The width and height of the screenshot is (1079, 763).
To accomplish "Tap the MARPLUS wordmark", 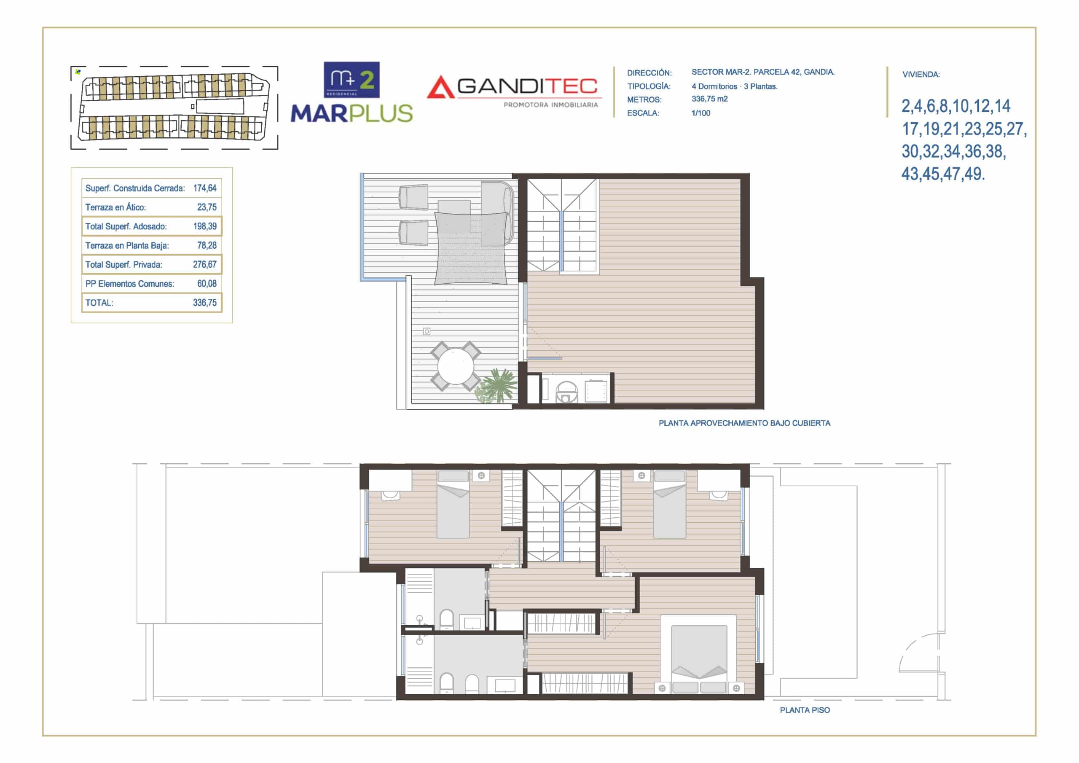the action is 352,114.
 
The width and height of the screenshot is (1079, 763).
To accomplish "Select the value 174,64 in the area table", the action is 205,188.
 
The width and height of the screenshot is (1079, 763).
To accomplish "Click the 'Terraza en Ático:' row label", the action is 115,207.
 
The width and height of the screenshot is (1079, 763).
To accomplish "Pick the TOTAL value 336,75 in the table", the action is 205,303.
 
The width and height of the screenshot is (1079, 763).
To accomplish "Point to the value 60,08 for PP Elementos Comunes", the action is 207,283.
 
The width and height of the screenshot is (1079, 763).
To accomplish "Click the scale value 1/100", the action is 701,113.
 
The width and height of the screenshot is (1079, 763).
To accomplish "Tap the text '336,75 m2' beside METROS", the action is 710,99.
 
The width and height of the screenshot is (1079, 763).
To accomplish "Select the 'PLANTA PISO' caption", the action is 805,710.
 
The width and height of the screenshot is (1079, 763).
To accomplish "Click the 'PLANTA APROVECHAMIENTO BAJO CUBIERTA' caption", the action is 744,423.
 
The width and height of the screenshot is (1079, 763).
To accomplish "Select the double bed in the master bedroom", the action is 699,654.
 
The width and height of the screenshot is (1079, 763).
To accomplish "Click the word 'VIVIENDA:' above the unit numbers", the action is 921,74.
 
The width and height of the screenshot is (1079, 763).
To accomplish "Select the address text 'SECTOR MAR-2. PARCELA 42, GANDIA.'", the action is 763,72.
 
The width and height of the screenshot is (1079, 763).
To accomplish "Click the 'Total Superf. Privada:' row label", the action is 123,265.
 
